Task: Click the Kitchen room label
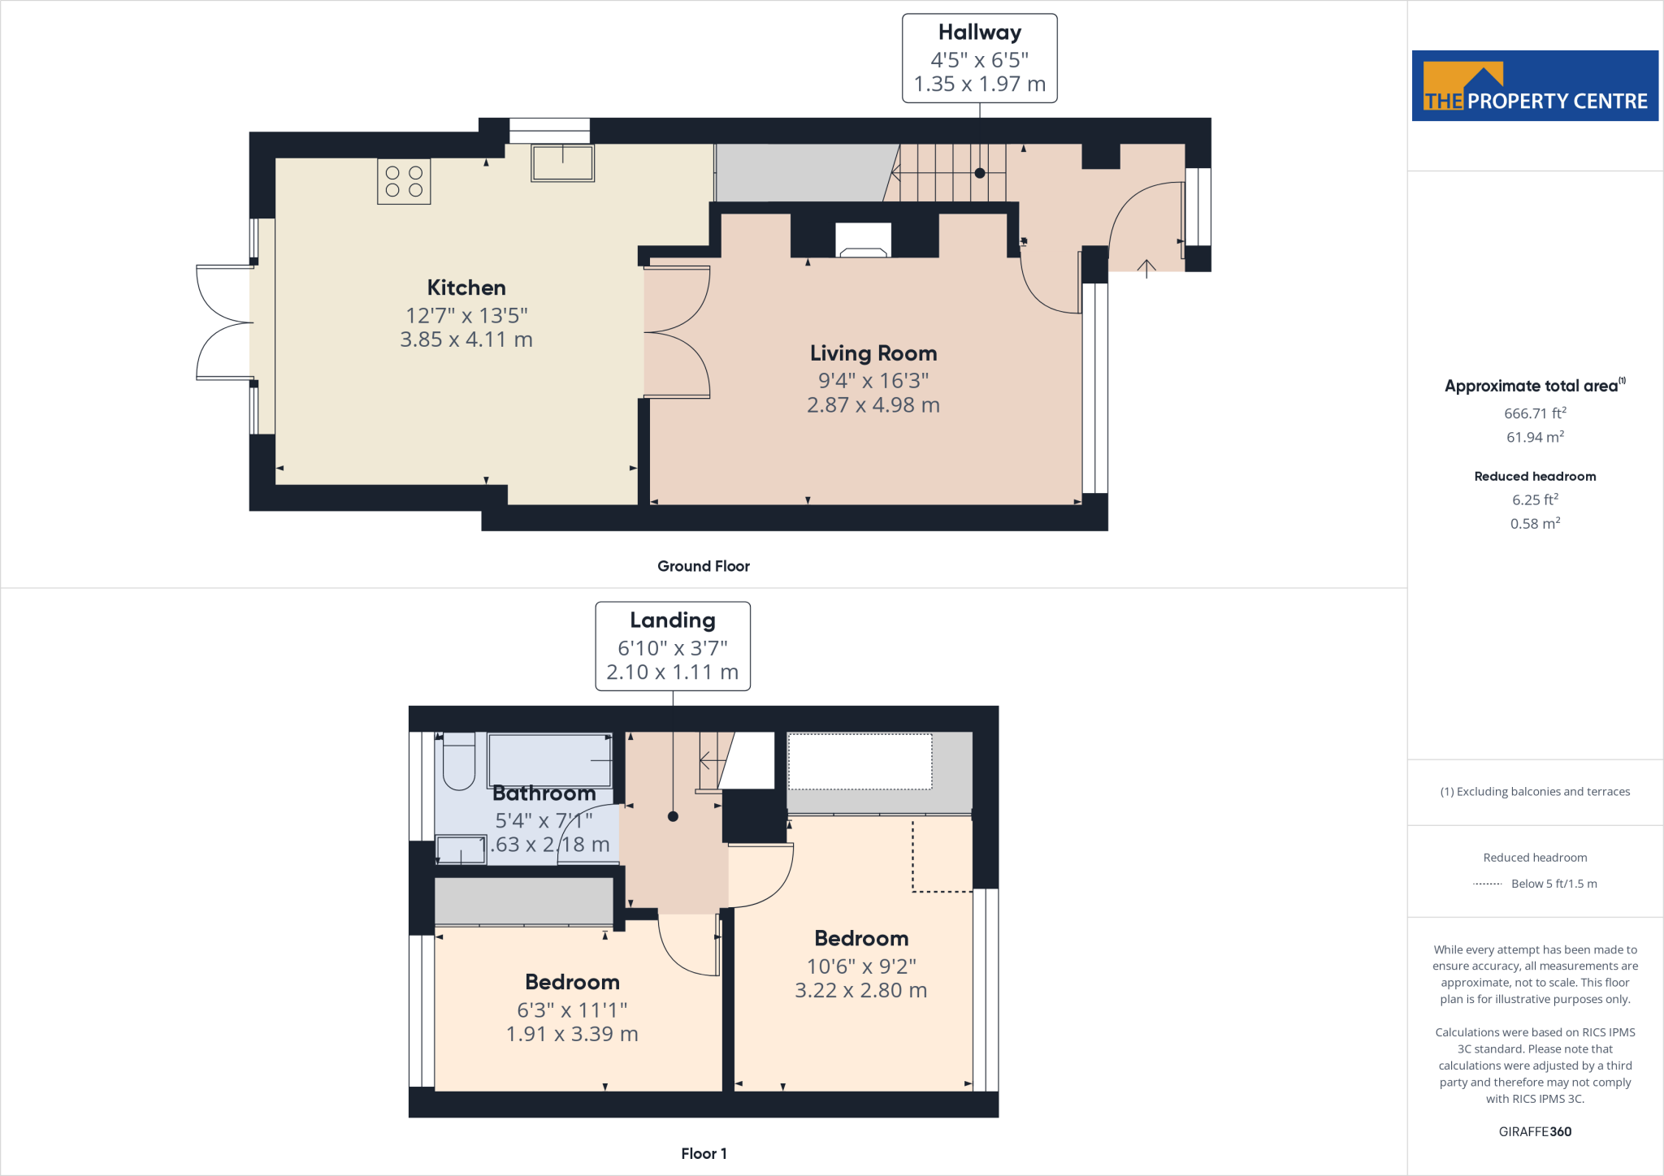[x=466, y=288]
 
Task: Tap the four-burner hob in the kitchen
[x=404, y=181]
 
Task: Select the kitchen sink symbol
[x=562, y=162]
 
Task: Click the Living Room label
[x=873, y=353]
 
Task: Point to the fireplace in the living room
[x=864, y=240]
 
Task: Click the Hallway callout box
[x=979, y=58]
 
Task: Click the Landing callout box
[x=672, y=646]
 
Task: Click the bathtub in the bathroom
[x=550, y=759]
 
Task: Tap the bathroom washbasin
[x=461, y=850]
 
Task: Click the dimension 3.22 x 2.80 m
[x=860, y=990]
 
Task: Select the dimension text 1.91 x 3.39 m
[x=572, y=1034]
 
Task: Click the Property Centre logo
[x=1535, y=86]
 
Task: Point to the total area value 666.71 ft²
[x=1535, y=413]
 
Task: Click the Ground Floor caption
[x=703, y=566]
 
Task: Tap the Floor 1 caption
[x=704, y=1153]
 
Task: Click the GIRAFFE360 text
[x=1535, y=1131]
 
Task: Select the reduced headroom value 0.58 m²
[x=1535, y=524]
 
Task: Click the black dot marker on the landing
[x=673, y=816]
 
